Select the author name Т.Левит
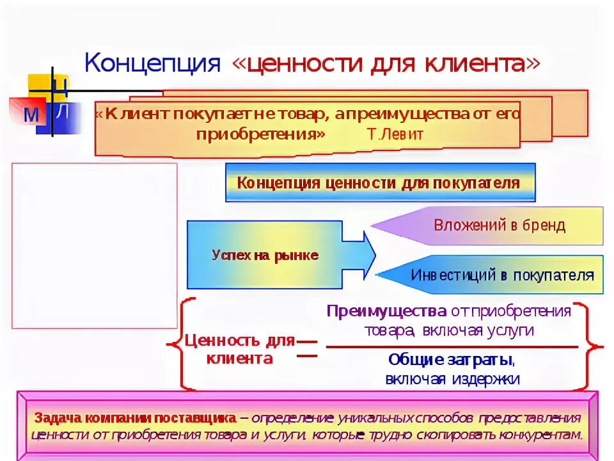click(x=395, y=134)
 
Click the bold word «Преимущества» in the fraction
click(x=386, y=311)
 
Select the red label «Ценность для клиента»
click(x=239, y=349)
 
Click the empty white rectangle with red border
click(x=94, y=245)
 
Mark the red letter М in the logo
click(x=30, y=115)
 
